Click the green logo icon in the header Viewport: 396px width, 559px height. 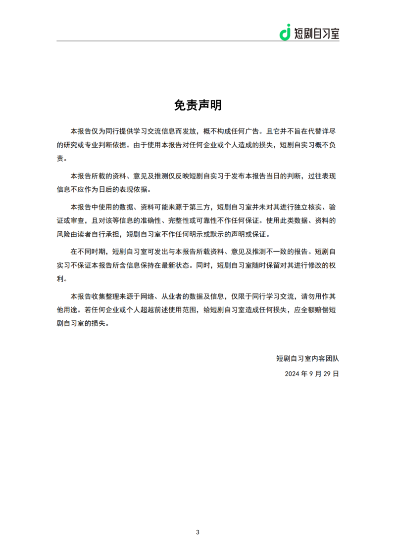[x=285, y=32]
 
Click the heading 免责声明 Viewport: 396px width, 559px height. [x=198, y=105]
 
